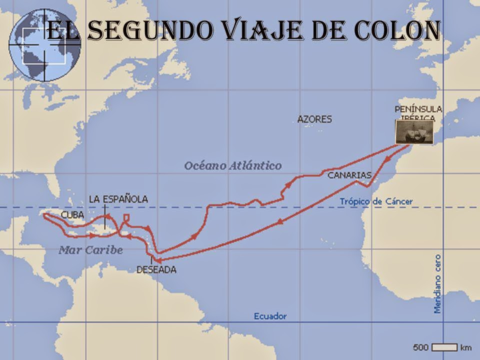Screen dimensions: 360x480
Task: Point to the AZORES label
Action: click(x=314, y=119)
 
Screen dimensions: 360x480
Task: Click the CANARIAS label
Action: click(x=349, y=175)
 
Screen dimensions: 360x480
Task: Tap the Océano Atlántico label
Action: click(x=232, y=165)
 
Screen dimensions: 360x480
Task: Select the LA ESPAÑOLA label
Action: click(x=118, y=199)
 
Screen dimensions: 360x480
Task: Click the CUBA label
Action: click(x=72, y=215)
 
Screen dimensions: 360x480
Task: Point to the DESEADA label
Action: click(x=156, y=269)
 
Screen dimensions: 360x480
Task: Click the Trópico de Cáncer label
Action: click(x=376, y=201)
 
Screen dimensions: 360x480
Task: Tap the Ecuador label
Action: click(x=270, y=316)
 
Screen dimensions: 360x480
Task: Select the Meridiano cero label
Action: click(x=437, y=283)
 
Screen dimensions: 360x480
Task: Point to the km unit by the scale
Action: click(x=466, y=346)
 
